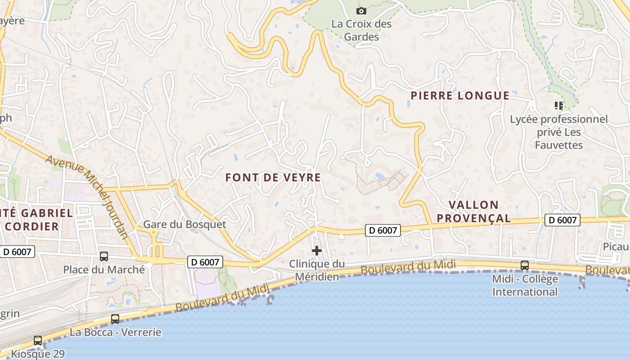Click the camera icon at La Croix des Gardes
click(x=361, y=11)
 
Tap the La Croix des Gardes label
click(x=361, y=30)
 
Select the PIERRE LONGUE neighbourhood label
click(x=460, y=95)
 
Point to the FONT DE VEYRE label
click(x=273, y=177)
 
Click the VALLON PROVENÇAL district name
click(x=474, y=211)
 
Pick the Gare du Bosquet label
click(x=184, y=224)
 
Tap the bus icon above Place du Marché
click(x=104, y=256)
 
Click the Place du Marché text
click(x=104, y=270)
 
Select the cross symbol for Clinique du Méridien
click(x=317, y=251)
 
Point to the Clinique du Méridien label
click(x=317, y=270)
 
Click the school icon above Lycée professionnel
click(x=559, y=106)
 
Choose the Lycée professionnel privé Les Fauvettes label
click(x=559, y=132)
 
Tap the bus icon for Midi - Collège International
click(x=525, y=265)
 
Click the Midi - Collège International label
click(x=525, y=285)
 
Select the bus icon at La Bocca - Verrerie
click(x=115, y=319)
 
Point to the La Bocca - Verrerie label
click(x=115, y=333)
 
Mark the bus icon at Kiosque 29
click(x=38, y=341)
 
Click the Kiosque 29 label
click(x=38, y=354)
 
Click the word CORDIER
click(x=32, y=226)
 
